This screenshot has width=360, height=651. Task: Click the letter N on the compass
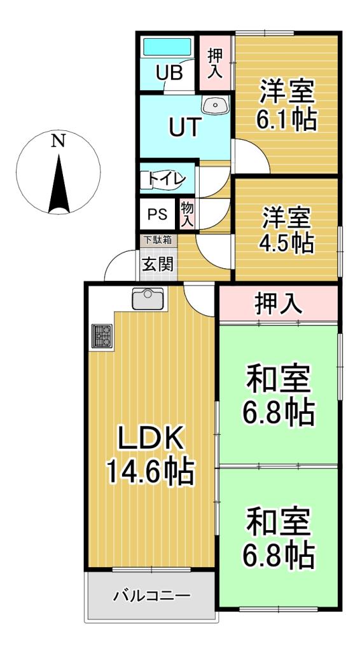58,141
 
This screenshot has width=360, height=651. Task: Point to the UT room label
185,127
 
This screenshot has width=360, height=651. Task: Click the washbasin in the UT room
214,105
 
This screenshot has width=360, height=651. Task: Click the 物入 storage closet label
187,214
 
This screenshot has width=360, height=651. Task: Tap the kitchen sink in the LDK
148,299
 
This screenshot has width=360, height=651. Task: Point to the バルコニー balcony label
151,596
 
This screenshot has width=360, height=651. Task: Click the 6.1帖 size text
287,120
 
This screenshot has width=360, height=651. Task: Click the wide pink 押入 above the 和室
278,305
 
